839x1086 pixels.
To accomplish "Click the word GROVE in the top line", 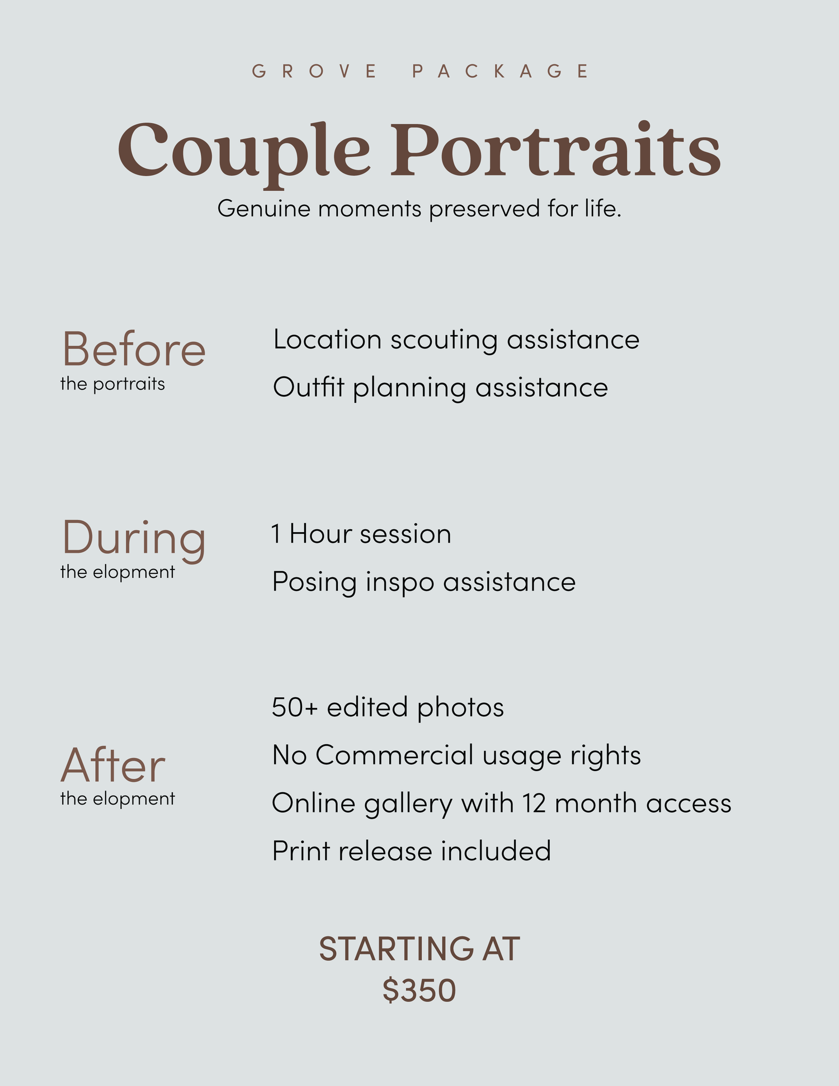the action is click(x=314, y=71).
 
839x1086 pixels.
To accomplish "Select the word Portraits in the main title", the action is click(x=555, y=149).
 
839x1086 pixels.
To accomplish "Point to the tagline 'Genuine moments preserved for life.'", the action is click(x=419, y=209).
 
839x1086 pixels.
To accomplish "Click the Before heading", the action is click(x=134, y=350).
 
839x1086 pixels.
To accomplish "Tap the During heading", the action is click(x=134, y=539).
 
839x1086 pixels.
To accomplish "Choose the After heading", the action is click(x=113, y=765).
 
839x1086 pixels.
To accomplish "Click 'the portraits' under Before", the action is click(x=112, y=384).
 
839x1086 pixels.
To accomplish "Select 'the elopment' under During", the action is click(x=117, y=572).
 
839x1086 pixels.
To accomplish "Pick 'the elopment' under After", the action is click(x=117, y=799).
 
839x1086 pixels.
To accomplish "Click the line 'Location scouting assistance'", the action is click(x=456, y=340).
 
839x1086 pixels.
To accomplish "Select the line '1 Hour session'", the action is click(x=361, y=534).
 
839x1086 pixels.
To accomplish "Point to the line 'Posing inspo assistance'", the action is click(x=424, y=582).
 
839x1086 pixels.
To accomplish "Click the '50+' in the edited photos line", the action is click(x=295, y=708).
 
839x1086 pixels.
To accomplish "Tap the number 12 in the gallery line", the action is click(x=534, y=803).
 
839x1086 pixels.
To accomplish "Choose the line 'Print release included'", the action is click(x=412, y=851).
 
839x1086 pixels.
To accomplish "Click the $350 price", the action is click(x=419, y=991).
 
